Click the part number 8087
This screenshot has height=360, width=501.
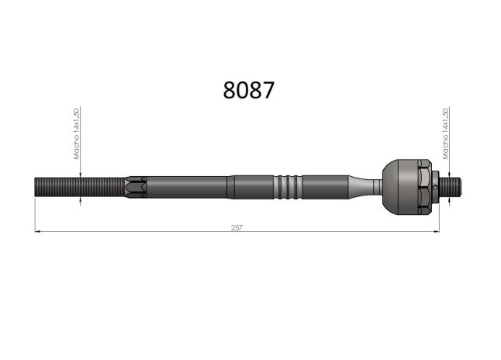pos(249,90)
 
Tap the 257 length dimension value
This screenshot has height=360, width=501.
pos(237,227)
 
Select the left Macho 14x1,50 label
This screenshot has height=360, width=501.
pos(77,133)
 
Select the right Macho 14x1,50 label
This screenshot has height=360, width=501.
pos(445,133)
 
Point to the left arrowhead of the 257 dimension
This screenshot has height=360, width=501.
pos(37,231)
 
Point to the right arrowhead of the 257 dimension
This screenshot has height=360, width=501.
pos(437,231)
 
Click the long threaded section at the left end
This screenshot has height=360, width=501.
pos(79,187)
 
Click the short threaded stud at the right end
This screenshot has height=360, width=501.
pos(450,187)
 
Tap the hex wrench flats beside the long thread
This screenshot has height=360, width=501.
pos(136,187)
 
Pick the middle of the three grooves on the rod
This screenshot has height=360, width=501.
pos(288,187)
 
